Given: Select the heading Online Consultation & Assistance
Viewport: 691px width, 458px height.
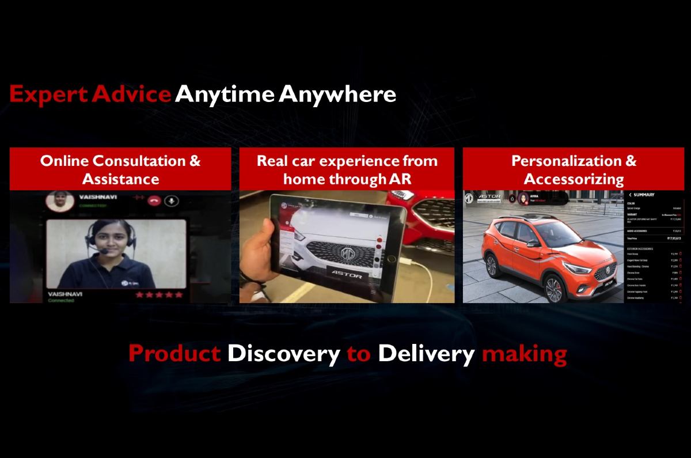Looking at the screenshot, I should (120, 169).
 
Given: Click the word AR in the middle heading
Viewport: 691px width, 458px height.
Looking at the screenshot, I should (400, 179).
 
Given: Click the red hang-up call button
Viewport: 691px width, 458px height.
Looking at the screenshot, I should (154, 200).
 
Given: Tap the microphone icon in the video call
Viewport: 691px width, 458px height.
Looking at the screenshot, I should (171, 200).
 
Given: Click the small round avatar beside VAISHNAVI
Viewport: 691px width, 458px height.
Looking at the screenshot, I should (60, 200).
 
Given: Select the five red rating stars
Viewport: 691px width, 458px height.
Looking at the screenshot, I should (159, 294).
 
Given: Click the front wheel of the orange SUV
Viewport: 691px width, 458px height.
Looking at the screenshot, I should (555, 288).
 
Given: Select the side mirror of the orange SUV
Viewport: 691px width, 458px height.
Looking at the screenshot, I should (533, 243).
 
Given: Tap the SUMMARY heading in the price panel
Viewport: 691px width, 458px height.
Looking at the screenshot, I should (645, 195).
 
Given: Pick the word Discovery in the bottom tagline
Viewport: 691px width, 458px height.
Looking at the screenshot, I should (283, 353).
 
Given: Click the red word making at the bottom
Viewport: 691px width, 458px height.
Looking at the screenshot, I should (524, 353).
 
